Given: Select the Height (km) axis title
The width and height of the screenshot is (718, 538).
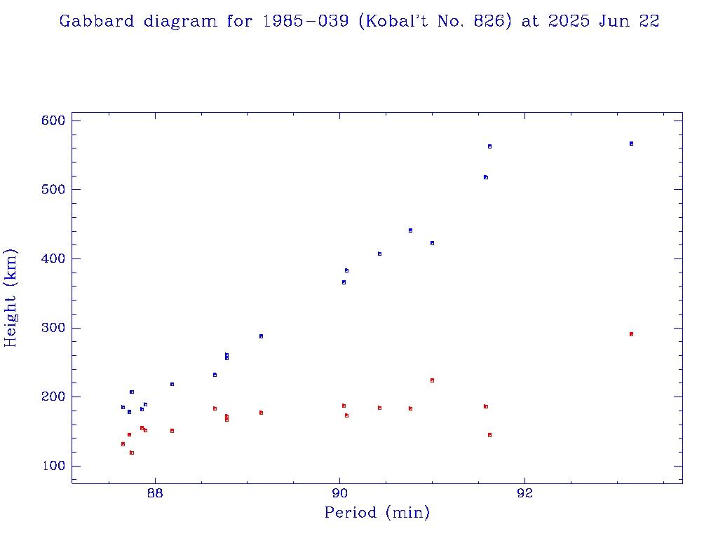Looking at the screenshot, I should pos(11,298).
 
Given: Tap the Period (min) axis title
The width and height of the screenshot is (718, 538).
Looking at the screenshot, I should pos(377,513).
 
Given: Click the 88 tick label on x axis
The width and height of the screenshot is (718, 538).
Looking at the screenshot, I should pos(154,492).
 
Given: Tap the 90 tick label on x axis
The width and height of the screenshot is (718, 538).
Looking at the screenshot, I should pos(340,492).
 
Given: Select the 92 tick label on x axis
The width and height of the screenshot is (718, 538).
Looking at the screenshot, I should pos(524,492).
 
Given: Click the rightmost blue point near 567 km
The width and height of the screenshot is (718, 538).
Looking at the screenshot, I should pos(631,144).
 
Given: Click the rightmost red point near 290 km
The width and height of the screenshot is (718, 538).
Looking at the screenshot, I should pos(631,334).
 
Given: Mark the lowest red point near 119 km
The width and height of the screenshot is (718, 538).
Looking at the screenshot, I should pos(132,453).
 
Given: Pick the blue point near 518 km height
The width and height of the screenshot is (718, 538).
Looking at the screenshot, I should pos(485,177).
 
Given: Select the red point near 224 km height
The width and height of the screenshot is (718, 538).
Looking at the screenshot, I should pos(432,380).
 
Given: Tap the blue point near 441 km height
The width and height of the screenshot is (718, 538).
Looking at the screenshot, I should pos(410,230).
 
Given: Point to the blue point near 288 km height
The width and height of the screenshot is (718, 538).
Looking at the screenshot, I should pos(261,336).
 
